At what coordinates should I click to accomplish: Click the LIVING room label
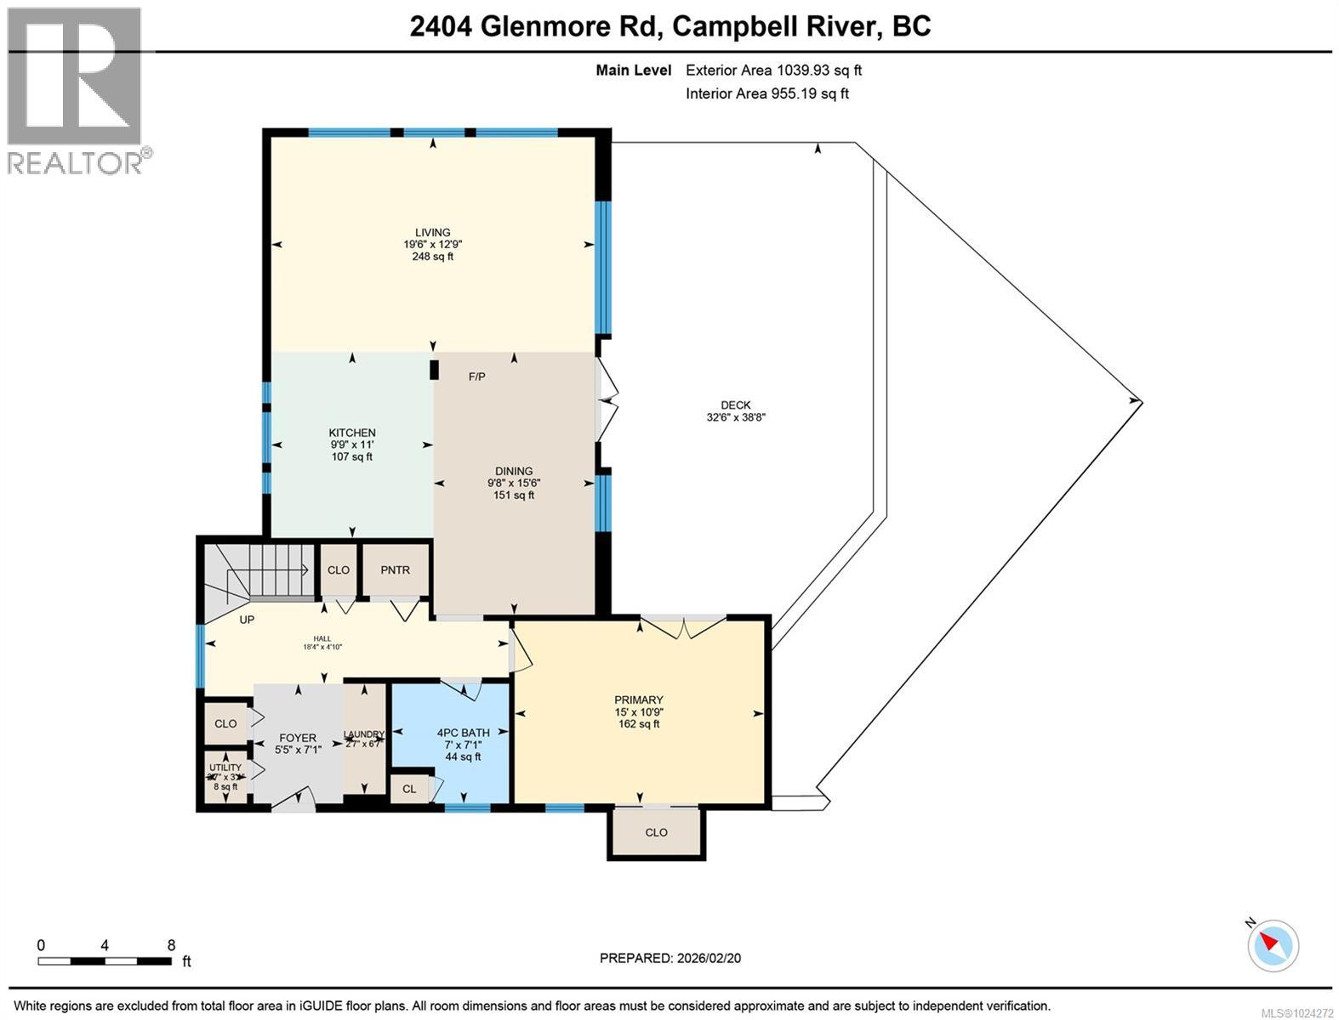(432, 232)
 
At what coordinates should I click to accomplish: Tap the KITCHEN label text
(352, 433)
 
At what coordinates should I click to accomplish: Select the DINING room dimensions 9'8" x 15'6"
(514, 483)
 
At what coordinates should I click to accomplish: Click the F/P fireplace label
(477, 377)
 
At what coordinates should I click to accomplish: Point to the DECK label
(735, 405)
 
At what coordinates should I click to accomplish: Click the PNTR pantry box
(396, 569)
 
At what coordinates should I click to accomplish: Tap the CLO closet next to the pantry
(339, 569)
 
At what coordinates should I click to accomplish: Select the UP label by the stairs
(247, 620)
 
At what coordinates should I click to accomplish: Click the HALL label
(322, 638)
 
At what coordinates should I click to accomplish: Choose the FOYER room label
(297, 738)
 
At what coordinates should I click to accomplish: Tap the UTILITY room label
(225, 768)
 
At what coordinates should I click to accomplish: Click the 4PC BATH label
(463, 732)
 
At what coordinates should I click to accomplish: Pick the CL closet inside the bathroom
(409, 789)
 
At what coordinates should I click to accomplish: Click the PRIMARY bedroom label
(639, 700)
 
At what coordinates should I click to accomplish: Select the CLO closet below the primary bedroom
(656, 832)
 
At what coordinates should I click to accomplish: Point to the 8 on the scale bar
(171, 944)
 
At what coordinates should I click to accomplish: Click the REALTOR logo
(74, 89)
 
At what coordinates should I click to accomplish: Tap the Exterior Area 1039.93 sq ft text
(773, 71)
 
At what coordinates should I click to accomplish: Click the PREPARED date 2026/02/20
(670, 958)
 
